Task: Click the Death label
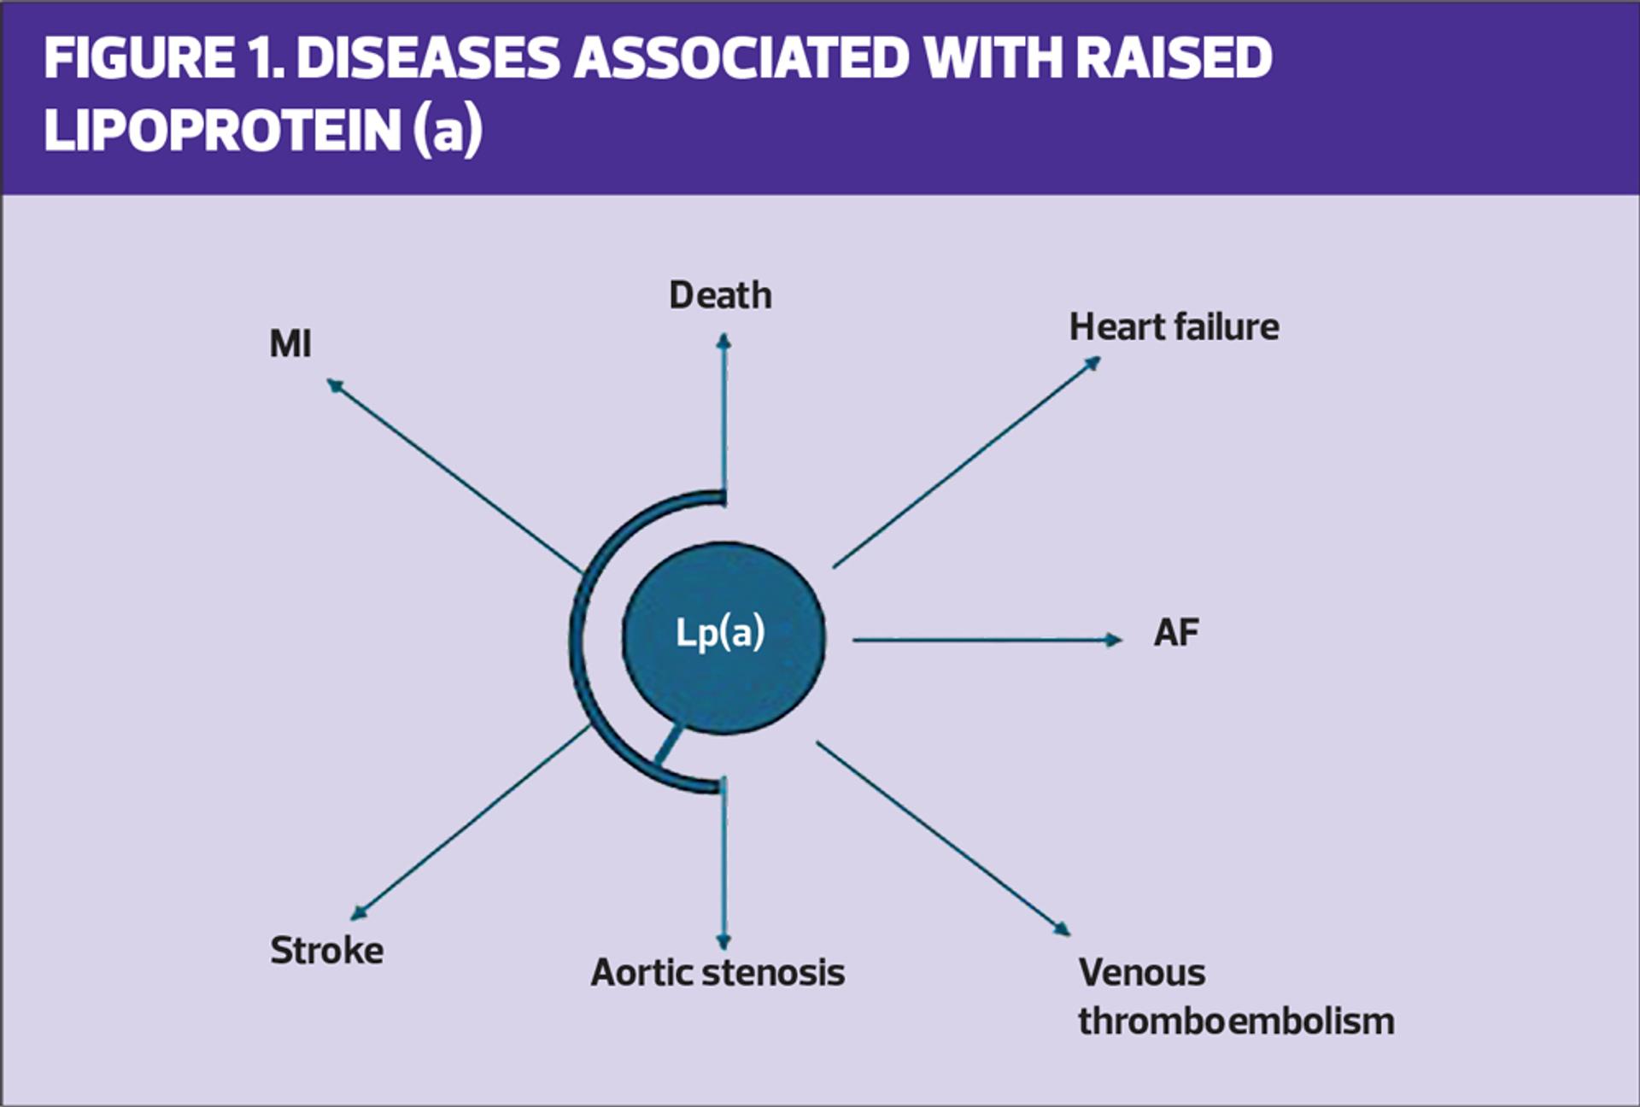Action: [720, 296]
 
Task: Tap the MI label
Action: [290, 344]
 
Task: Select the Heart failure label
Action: [1174, 327]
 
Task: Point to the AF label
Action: [1176, 633]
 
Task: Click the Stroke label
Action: [326, 951]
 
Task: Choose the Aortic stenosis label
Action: [717, 973]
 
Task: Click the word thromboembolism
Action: [1235, 1022]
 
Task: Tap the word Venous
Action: [1141, 973]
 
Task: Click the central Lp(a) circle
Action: [723, 636]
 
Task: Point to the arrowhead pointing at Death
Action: [723, 342]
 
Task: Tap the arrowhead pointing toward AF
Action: [1112, 640]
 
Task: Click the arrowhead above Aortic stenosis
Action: [723, 940]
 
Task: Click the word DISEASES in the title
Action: [428, 58]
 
